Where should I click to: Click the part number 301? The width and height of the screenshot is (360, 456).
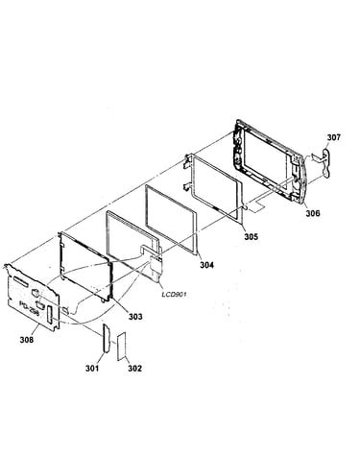tap(92, 369)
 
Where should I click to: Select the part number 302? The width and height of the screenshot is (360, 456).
tap(134, 369)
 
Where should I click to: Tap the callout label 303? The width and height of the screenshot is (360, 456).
tap(135, 317)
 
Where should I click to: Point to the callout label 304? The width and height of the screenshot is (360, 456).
tap(206, 265)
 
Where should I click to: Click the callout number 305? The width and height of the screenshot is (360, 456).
tap(252, 236)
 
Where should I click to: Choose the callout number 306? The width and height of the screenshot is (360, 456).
tap(312, 213)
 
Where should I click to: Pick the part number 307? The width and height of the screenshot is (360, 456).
tap(333, 137)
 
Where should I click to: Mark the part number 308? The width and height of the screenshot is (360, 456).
tap(27, 340)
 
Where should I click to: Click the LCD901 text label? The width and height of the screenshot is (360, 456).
tap(174, 294)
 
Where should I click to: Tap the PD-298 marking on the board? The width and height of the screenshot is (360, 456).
tap(29, 308)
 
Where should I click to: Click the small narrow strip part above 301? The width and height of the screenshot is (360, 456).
tap(107, 338)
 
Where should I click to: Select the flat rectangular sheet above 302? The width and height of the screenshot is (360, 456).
tap(122, 347)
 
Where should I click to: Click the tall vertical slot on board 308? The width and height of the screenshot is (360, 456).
tap(50, 314)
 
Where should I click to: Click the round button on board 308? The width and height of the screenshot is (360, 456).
tap(36, 292)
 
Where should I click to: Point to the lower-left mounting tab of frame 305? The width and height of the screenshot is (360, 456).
tap(187, 187)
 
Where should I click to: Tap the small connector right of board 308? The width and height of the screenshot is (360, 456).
tap(65, 310)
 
